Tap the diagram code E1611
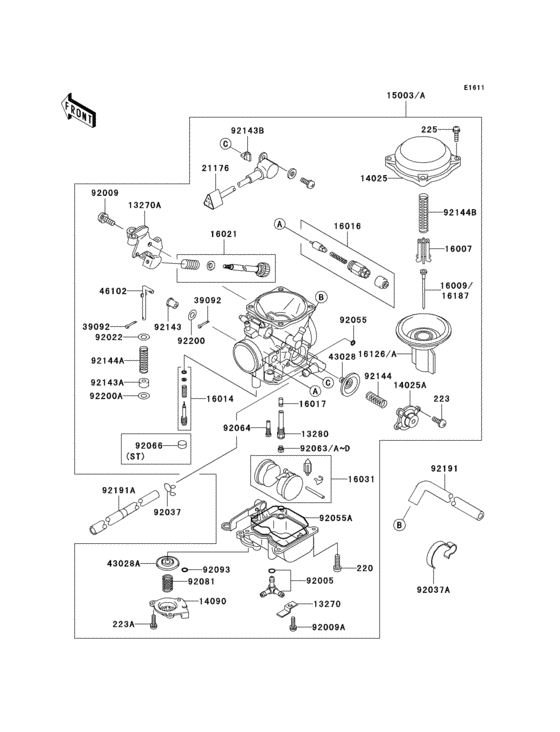(x=473, y=88)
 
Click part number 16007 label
(x=459, y=247)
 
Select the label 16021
(x=223, y=234)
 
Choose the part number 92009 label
(x=105, y=192)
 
